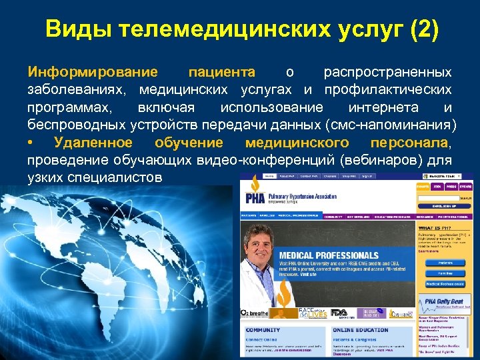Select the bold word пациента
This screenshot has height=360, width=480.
click(x=221, y=72)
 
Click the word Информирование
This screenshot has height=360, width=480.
click(x=93, y=72)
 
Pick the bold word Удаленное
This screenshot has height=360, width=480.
click(x=93, y=143)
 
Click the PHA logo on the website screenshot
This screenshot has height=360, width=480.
click(x=254, y=198)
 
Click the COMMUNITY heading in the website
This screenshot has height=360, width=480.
click(x=263, y=330)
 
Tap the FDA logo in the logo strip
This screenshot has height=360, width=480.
click(x=339, y=312)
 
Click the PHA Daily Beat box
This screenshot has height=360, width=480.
click(x=443, y=303)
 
